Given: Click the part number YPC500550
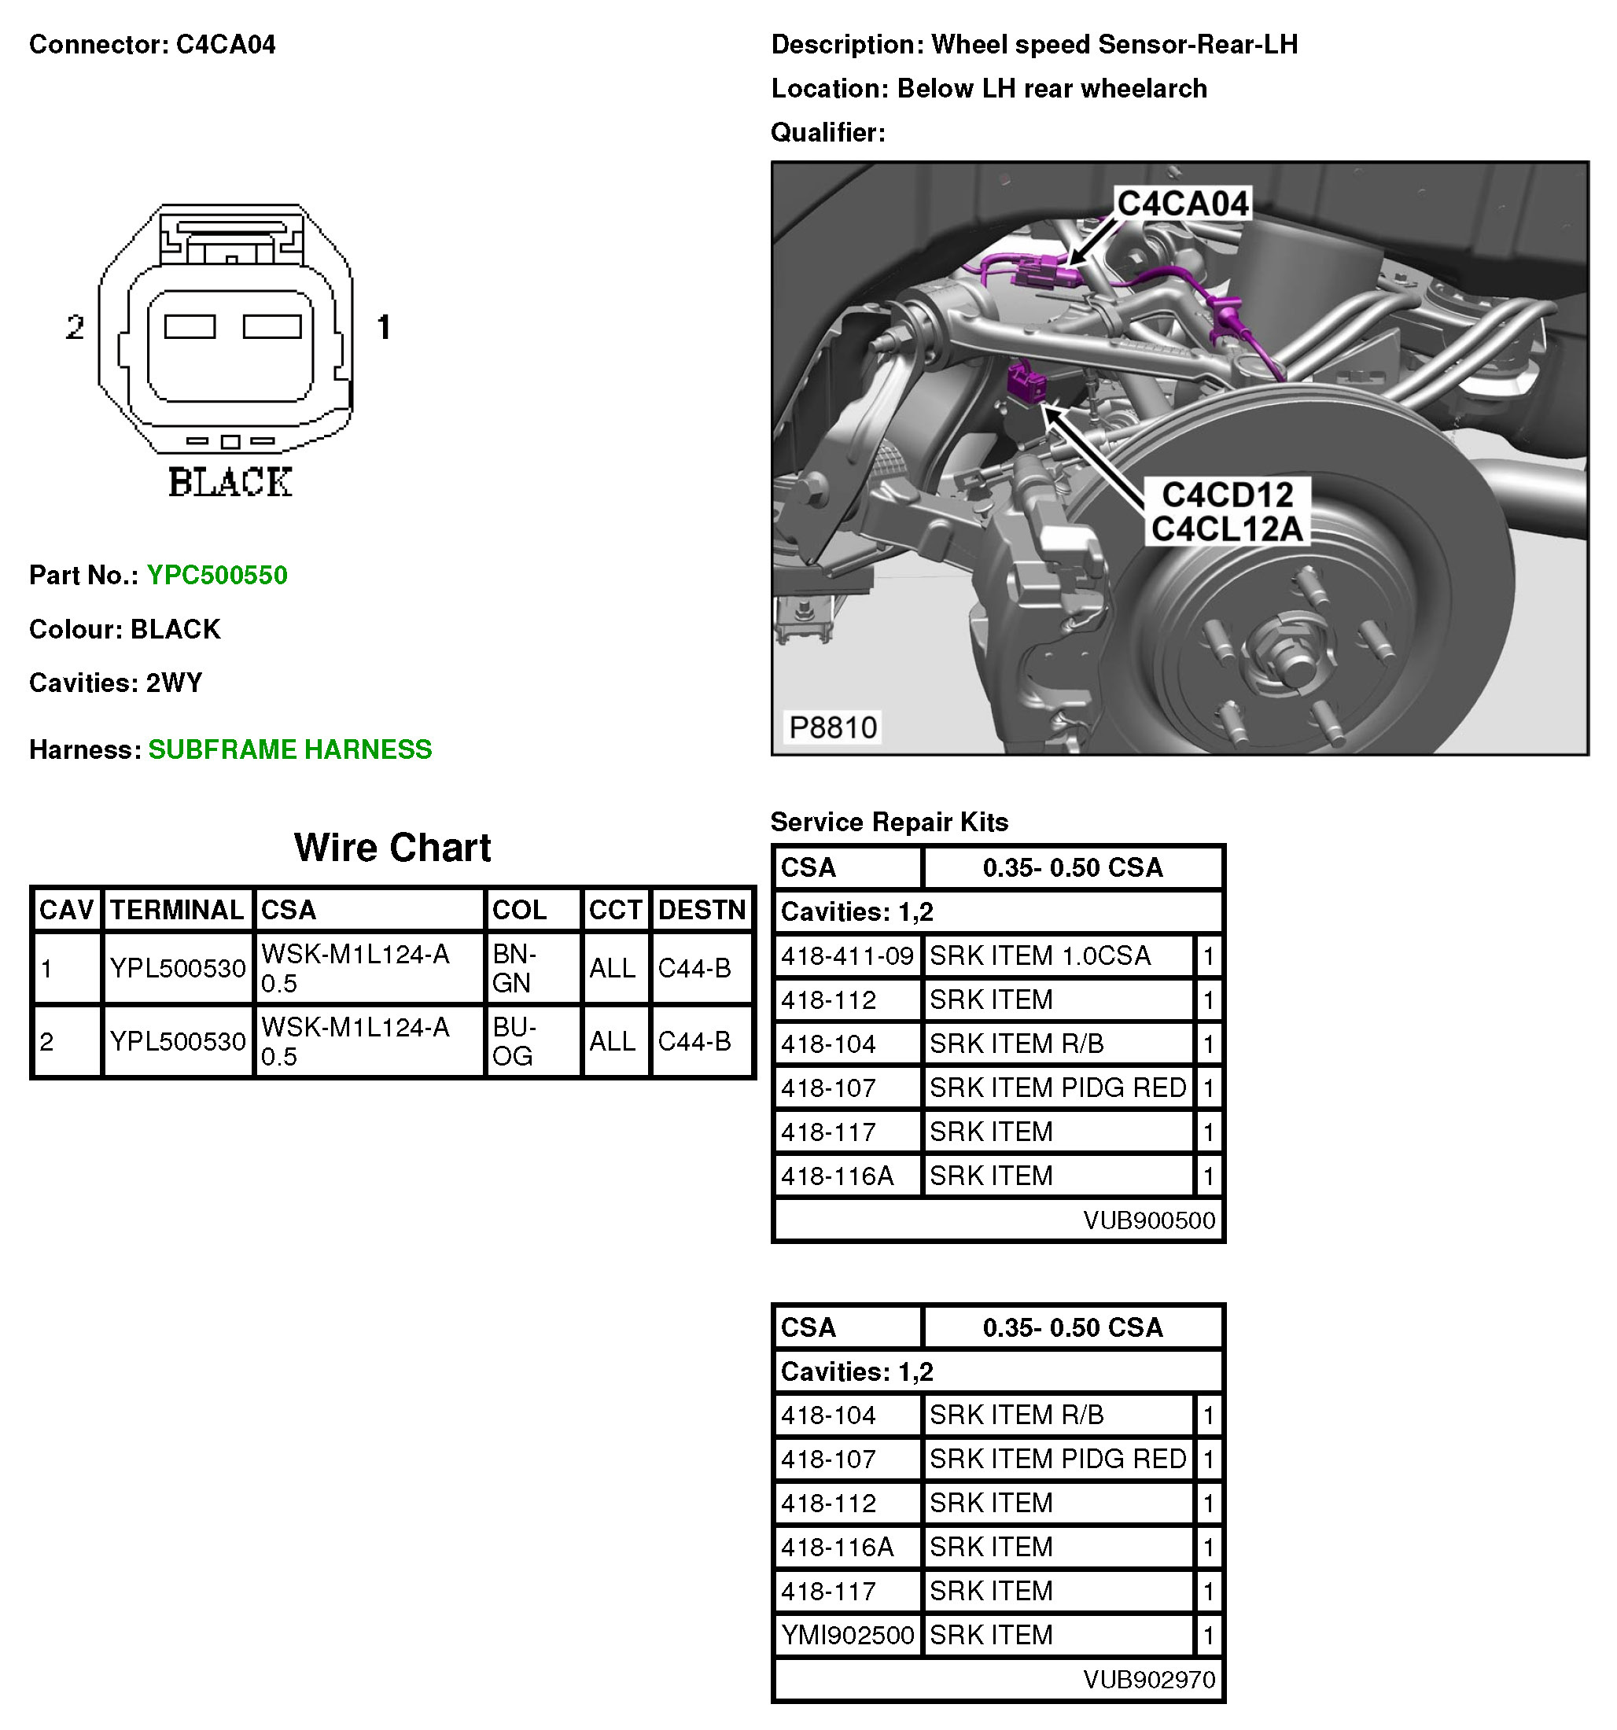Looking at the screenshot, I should tap(217, 575).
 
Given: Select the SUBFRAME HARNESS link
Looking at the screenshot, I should tap(289, 749).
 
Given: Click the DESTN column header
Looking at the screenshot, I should tap(702, 909).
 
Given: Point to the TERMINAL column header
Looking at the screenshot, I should tap(177, 909).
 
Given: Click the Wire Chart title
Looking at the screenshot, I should tap(392, 848).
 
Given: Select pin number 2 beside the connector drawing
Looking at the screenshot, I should tap(75, 327).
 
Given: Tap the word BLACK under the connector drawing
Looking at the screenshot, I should tap(230, 482).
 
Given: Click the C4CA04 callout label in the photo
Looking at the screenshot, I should tap(1183, 204).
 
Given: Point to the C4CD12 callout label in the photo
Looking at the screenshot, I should tap(1227, 495).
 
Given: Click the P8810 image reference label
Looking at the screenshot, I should tap(832, 727).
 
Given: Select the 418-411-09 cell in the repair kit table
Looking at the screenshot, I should tap(847, 956).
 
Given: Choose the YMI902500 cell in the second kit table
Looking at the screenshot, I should tap(847, 1635).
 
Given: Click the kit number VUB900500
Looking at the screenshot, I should tap(1149, 1220).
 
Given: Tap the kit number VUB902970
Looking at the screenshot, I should tap(1149, 1680).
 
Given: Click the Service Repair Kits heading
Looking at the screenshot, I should tap(889, 822).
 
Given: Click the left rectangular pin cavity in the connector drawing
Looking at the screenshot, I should tap(190, 326).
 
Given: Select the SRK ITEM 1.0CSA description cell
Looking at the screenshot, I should tap(1039, 956).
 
